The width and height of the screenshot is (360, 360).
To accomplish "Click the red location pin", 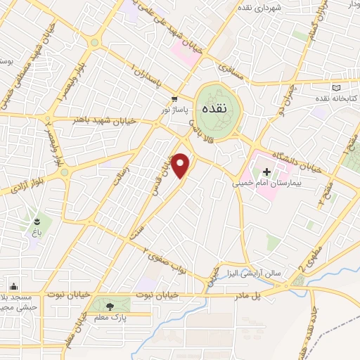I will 181,166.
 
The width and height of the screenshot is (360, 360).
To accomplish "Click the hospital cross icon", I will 267,172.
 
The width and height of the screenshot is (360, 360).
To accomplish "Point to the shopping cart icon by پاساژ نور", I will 173,99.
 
